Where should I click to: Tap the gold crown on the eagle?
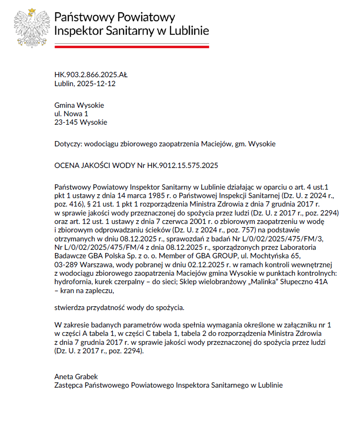click(32, 11)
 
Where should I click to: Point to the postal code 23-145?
click(64, 123)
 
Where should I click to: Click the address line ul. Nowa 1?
click(71, 114)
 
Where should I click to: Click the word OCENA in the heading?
click(67, 166)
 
